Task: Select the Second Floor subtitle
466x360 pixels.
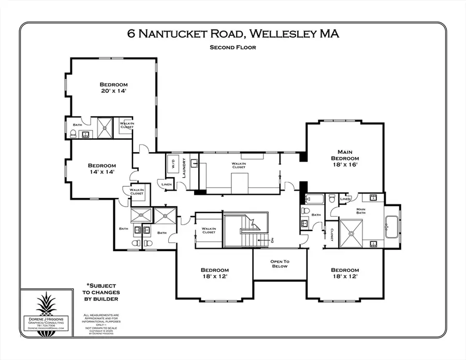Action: pyautogui.click(x=232, y=47)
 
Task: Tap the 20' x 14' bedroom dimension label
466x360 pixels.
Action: pyautogui.click(x=113, y=91)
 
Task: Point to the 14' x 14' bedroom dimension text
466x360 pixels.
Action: pyautogui.click(x=101, y=171)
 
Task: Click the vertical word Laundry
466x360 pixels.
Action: pyautogui.click(x=184, y=168)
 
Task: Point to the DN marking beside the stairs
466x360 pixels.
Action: pyautogui.click(x=271, y=240)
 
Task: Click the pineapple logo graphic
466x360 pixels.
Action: pyautogui.click(x=46, y=305)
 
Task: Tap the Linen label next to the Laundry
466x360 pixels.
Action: pyautogui.click(x=166, y=184)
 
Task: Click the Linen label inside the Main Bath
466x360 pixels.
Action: pyautogui.click(x=345, y=199)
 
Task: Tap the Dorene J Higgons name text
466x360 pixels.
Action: pyautogui.click(x=46, y=319)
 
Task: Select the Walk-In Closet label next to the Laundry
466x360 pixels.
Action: pyautogui.click(x=238, y=165)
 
